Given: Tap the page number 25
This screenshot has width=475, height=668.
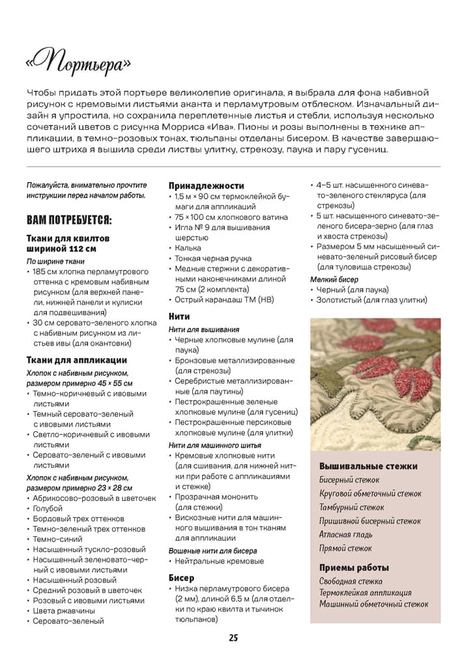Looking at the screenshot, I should tap(233, 637).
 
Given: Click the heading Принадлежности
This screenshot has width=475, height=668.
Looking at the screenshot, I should tap(207, 185).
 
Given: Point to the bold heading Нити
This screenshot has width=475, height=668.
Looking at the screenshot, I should tap(179, 316).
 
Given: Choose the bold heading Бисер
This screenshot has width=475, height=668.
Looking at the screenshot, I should tap(181, 577).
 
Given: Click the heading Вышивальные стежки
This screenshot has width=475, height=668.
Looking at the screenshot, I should tap(368, 466).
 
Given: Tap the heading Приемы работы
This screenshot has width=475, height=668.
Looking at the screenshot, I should tap(354, 567).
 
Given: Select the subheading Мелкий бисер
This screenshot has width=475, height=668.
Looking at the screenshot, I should tap(334, 279).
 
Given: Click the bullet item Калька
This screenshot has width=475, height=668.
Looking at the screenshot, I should tap(188, 248).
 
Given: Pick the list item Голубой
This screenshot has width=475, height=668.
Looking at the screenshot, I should tap(48, 508).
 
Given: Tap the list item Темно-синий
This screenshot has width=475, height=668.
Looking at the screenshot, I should tap(58, 539).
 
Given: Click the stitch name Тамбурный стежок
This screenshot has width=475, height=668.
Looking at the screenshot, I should tap(352, 508).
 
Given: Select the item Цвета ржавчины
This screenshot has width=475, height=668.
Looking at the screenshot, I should tap(64, 611).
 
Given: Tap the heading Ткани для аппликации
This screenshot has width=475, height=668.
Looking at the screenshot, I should tap(76, 360).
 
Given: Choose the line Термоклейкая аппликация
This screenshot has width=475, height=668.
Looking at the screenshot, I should tap(365, 593).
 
